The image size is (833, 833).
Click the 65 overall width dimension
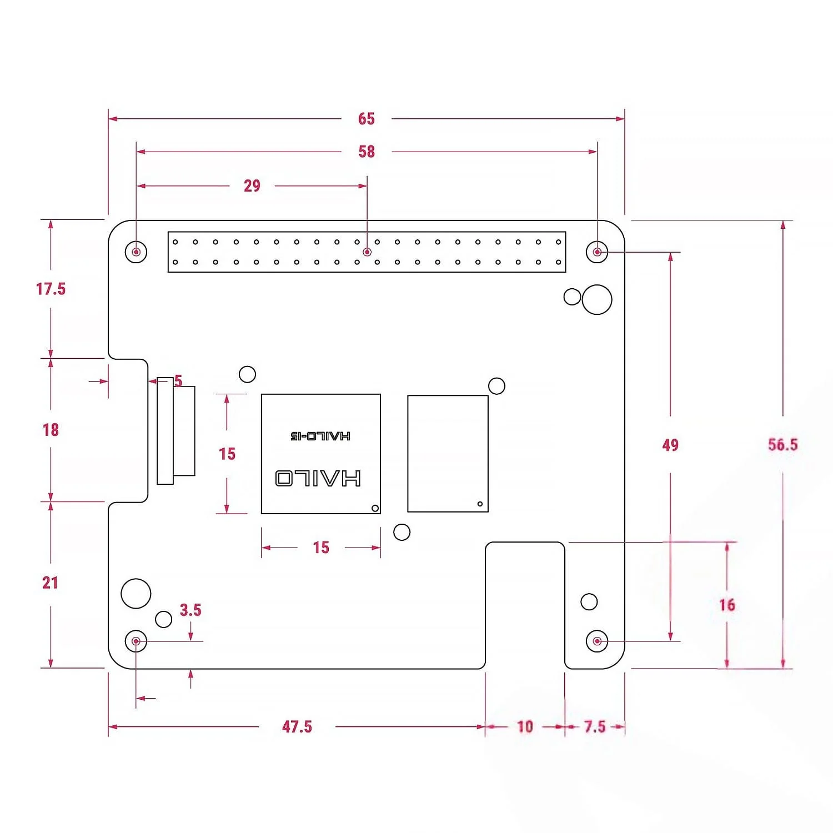coord(366,119)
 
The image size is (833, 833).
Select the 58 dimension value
coord(366,152)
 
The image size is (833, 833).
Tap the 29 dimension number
coord(252,185)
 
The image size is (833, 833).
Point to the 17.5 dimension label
coord(51,289)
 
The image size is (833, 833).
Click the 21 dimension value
coord(50,583)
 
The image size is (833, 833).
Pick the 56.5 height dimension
coord(782,444)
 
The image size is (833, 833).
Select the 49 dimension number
coord(670,445)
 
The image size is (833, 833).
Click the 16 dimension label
coord(727,605)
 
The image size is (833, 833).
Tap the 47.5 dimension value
coord(297,726)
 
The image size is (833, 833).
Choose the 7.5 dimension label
coord(595,726)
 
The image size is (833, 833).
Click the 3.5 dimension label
coord(190,610)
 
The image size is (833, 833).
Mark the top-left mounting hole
coord(136,252)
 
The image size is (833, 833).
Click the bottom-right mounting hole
coord(597,641)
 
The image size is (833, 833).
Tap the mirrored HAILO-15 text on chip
coord(320,436)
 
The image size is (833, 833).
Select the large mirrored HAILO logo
coord(318,478)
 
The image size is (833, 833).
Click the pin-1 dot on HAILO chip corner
coord(375,508)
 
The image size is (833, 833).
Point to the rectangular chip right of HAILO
coord(448,453)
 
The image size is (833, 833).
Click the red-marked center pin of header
coord(367,252)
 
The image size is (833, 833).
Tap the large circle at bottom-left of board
coord(136,593)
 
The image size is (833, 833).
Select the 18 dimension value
coord(51,429)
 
